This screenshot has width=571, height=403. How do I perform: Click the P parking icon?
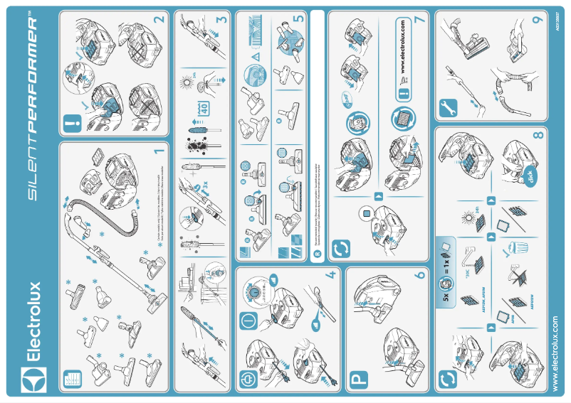356,381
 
